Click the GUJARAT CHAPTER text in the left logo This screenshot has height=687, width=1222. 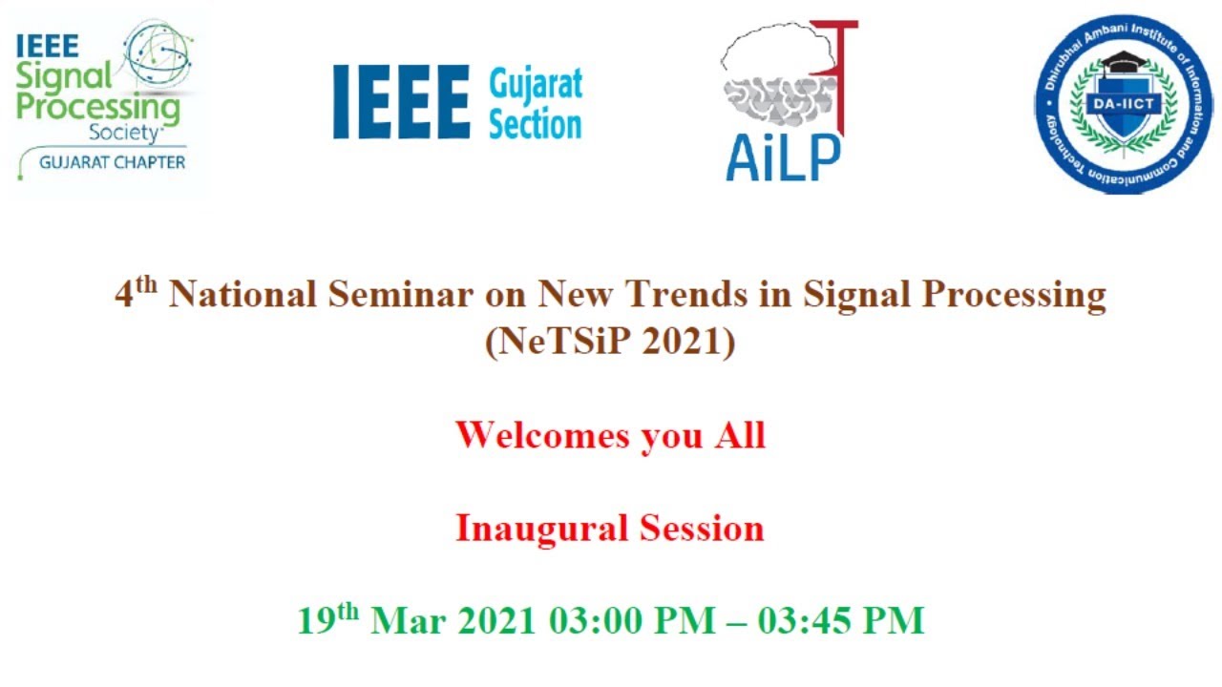pyautogui.click(x=112, y=161)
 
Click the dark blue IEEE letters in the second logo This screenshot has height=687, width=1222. pyautogui.click(x=401, y=102)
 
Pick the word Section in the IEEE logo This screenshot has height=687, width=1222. pyautogui.click(x=535, y=125)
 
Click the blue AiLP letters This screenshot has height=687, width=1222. pyautogui.click(x=782, y=157)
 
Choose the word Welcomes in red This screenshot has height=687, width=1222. pyautogui.click(x=543, y=435)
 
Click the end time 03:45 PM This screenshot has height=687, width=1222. pyautogui.click(x=841, y=621)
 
